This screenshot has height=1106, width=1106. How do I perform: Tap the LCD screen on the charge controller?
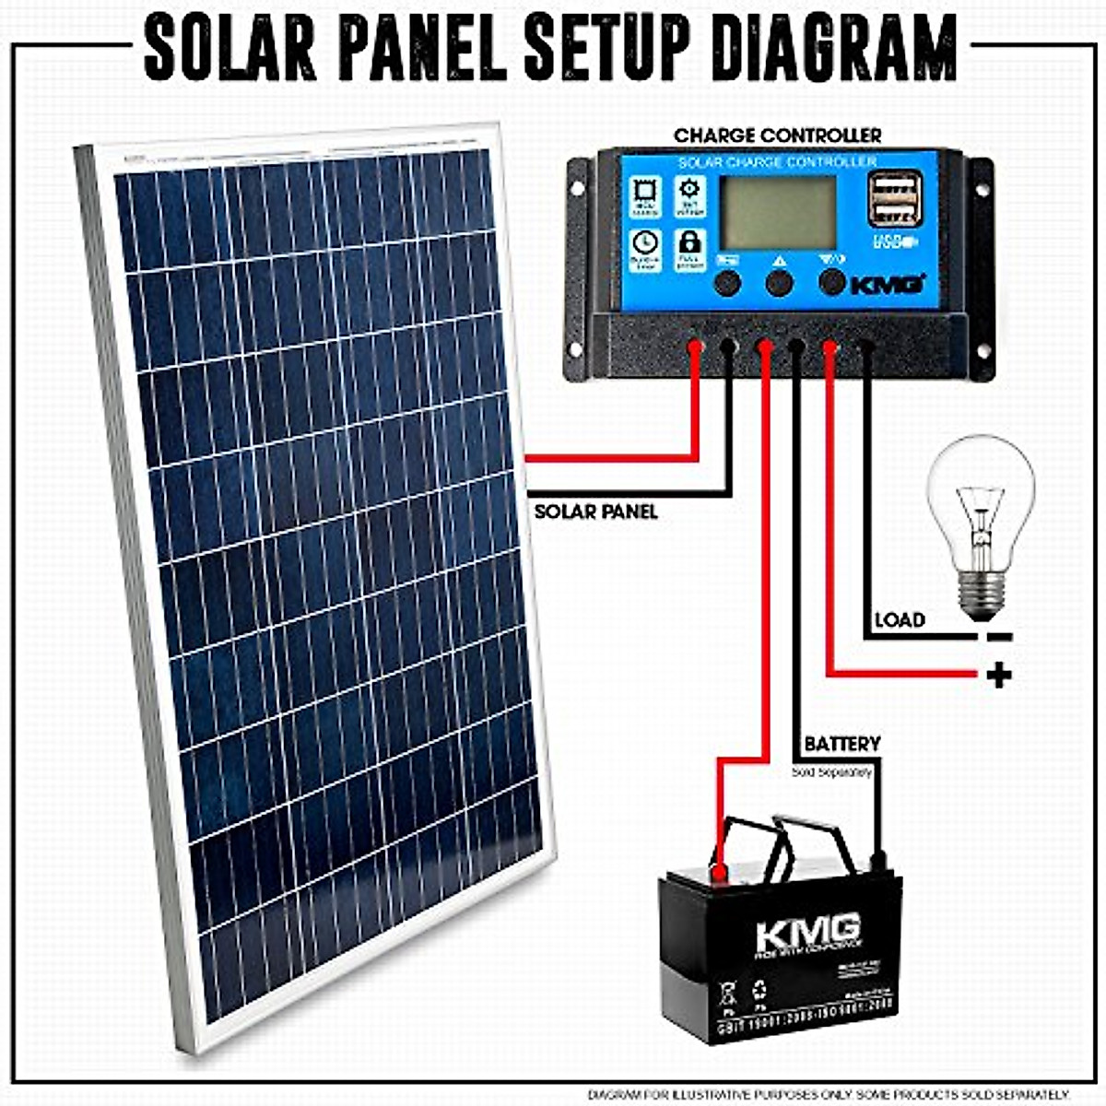coord(779,212)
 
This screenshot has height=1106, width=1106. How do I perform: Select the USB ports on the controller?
coord(894,201)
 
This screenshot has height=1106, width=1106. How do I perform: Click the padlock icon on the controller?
coord(689,244)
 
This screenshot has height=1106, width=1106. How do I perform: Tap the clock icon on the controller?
coord(645,244)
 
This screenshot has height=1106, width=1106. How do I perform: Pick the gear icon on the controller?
coord(689,191)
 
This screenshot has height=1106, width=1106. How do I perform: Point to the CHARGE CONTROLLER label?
coord(777,135)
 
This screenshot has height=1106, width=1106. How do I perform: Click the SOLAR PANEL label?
coord(595,512)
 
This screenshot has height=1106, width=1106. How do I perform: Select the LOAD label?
coord(899,619)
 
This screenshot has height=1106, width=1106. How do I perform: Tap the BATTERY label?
coord(841,744)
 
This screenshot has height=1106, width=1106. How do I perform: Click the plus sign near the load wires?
coord(998,676)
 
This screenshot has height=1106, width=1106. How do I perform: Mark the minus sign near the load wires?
coord(998,637)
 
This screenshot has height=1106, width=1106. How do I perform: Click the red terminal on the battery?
coord(719,869)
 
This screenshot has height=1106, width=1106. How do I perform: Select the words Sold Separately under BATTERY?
coord(831,772)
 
